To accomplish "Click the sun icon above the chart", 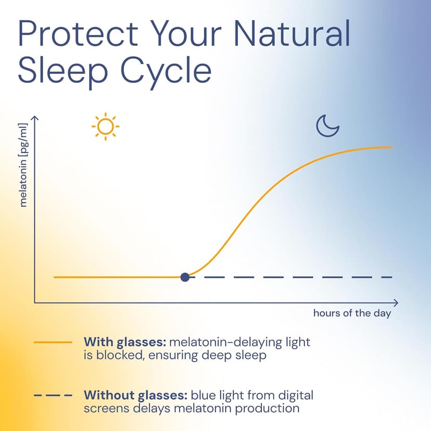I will point(105,126).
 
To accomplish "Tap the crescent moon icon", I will point(328,126).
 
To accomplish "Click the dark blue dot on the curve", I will point(185,277).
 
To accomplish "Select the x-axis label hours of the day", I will point(351,313).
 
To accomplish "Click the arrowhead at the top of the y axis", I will point(35,120).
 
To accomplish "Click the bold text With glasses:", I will point(124,342).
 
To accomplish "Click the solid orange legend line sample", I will point(53,342).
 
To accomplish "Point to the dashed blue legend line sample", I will point(53,396).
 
